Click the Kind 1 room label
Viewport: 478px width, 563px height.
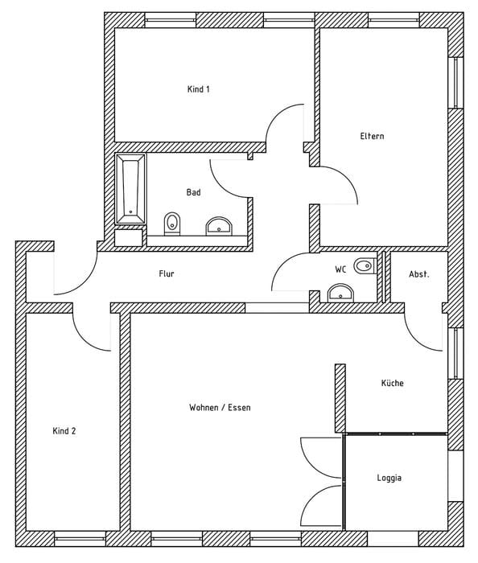tap(199, 89)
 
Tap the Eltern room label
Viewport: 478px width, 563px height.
tap(372, 136)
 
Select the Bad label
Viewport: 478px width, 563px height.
tap(194, 192)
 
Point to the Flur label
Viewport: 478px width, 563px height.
tap(167, 273)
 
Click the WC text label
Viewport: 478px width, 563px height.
tap(341, 269)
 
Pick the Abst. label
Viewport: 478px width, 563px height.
tap(419, 274)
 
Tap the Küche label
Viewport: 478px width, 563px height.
tap(393, 383)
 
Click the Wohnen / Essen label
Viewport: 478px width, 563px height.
tap(220, 408)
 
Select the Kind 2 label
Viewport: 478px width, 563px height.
tap(64, 431)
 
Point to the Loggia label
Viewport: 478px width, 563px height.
tap(389, 478)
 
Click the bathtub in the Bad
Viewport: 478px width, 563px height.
tap(130, 189)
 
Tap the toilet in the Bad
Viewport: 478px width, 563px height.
tap(172, 224)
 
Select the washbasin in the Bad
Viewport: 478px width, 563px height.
tap(219, 226)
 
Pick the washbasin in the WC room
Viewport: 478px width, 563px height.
tap(340, 293)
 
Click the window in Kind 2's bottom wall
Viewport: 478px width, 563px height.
tap(80, 539)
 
